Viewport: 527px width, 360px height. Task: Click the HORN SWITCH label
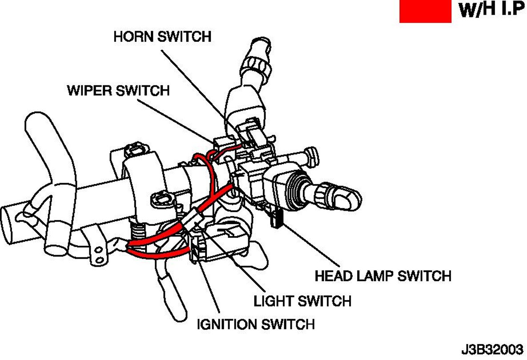point(162,36)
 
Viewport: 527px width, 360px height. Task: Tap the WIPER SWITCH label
point(118,90)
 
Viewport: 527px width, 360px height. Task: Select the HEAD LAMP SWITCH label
point(382,276)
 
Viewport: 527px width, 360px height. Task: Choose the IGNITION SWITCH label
point(256,324)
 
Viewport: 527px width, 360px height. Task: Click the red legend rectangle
point(425,11)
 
